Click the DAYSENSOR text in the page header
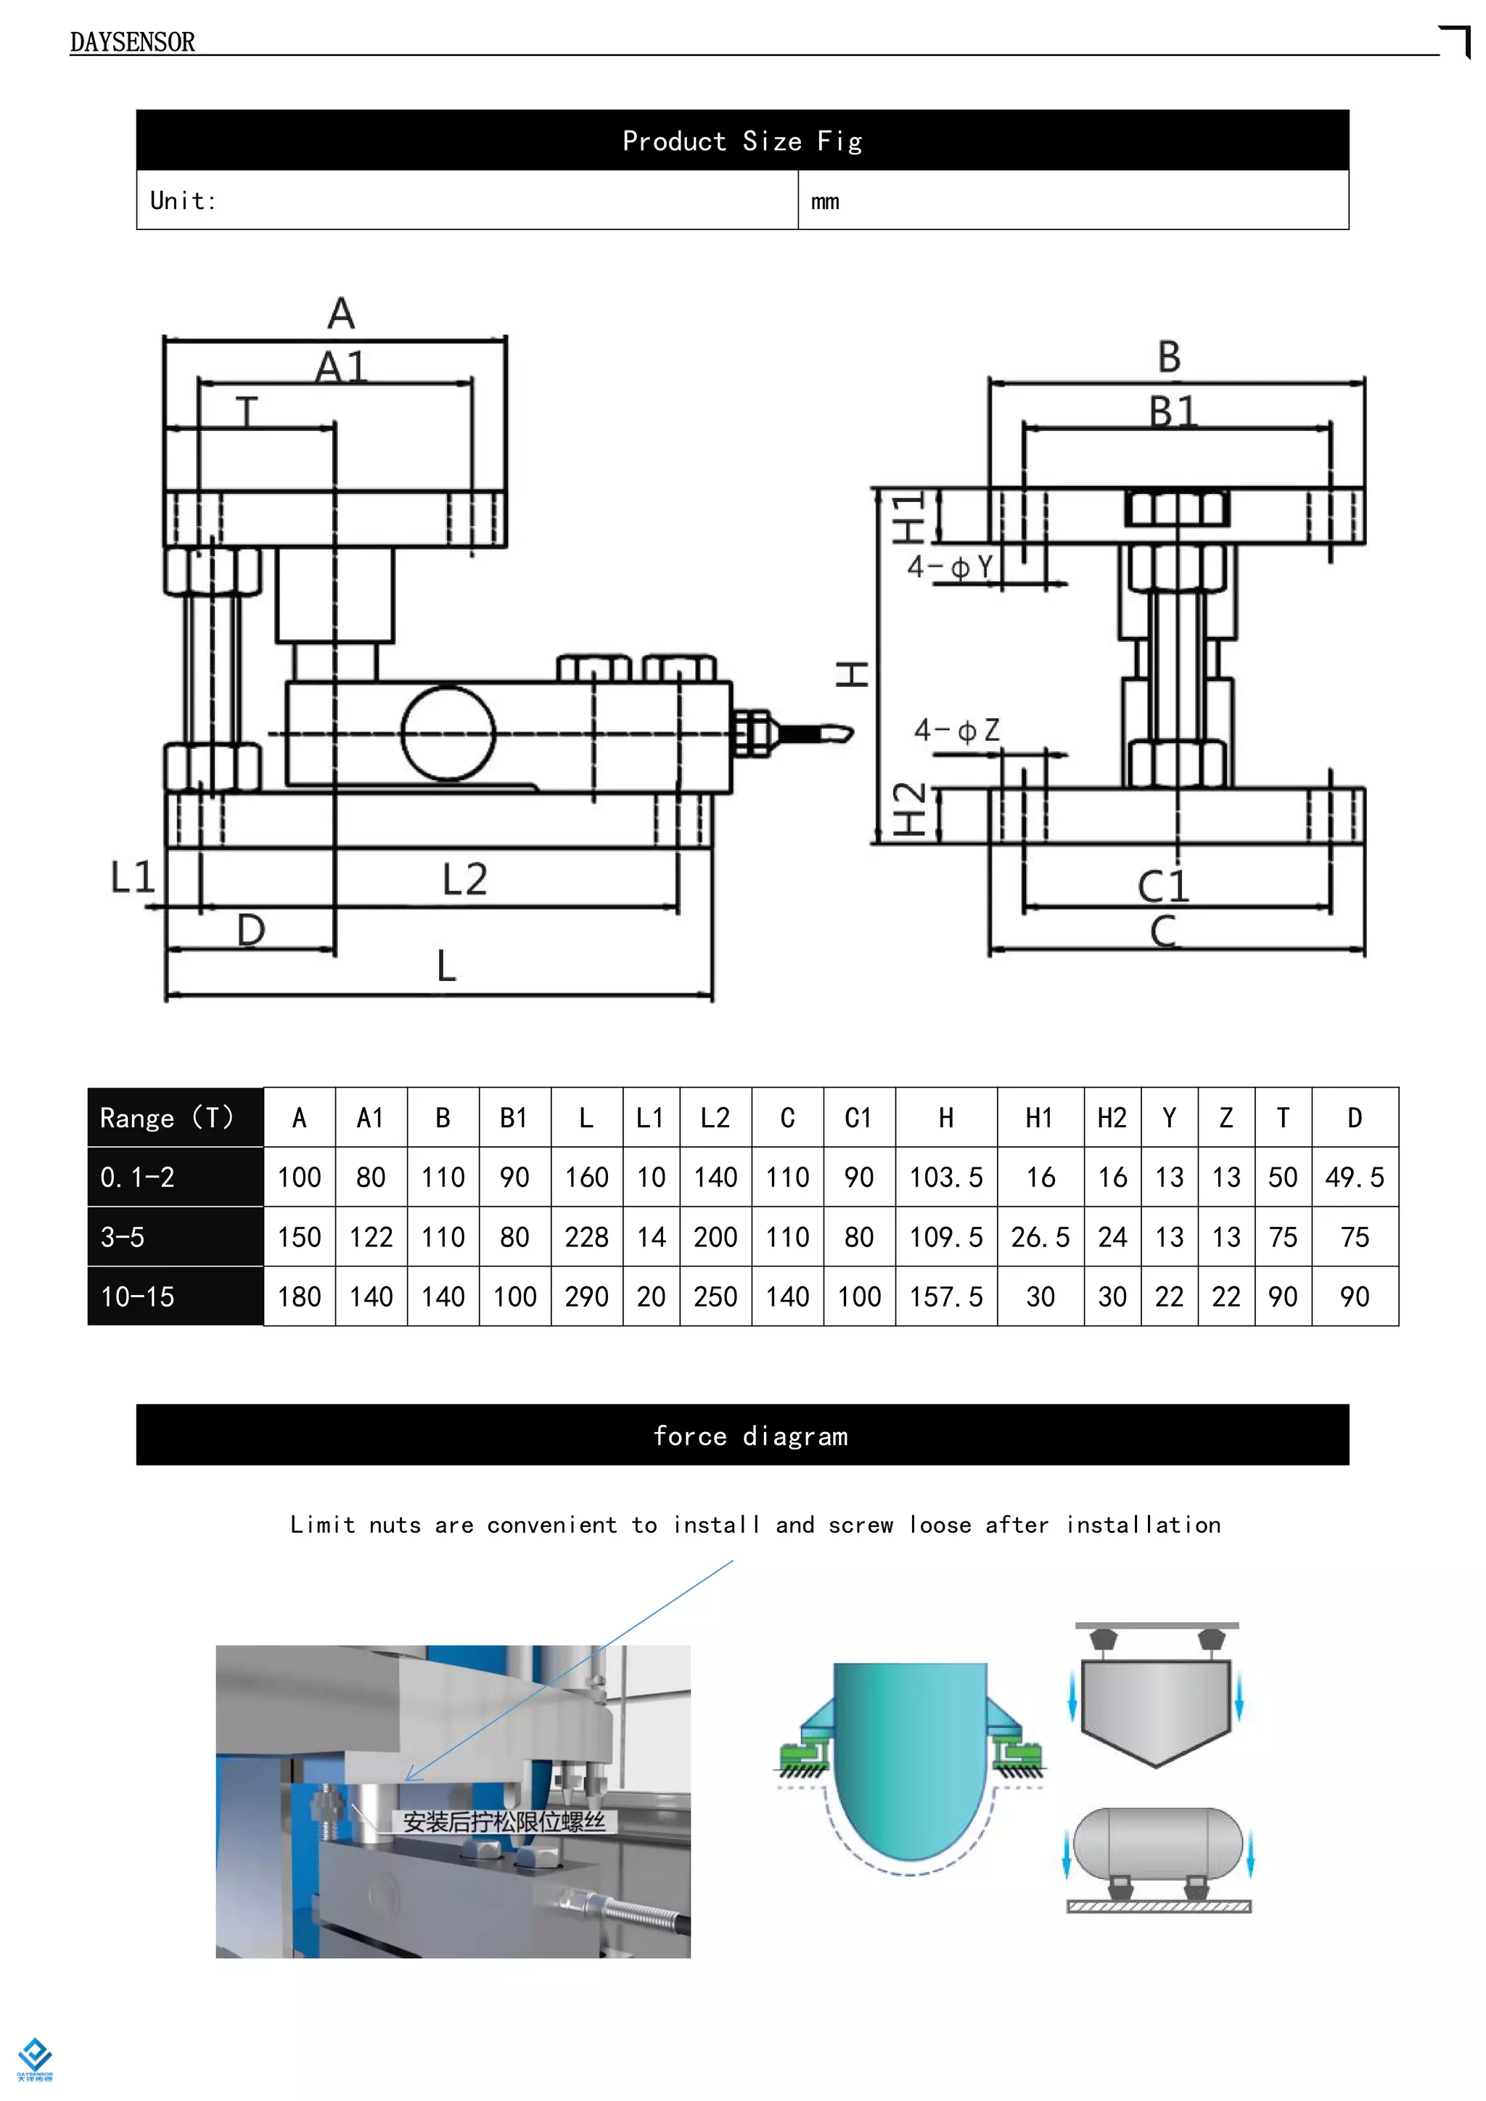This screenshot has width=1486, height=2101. pyautogui.click(x=132, y=42)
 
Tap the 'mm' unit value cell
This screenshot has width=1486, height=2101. pyautogui.click(x=824, y=201)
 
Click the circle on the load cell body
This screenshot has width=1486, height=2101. pyautogui.click(x=448, y=733)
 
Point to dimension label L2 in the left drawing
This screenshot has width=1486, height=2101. pyautogui.click(x=465, y=879)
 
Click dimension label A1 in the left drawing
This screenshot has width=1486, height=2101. pyautogui.click(x=340, y=368)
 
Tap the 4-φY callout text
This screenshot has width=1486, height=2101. pyautogui.click(x=950, y=567)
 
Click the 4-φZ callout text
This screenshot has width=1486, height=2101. pyautogui.click(x=956, y=731)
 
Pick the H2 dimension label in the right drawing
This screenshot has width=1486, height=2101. pyautogui.click(x=908, y=809)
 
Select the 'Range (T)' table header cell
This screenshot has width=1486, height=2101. pyautogui.click(x=168, y=1117)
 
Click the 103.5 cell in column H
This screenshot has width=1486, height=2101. pyautogui.click(x=945, y=1177)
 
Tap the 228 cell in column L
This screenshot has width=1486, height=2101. pyautogui.click(x=586, y=1237)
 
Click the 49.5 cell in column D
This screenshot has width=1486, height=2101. pyautogui.click(x=1354, y=1177)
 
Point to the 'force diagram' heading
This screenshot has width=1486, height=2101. pyautogui.click(x=750, y=1436)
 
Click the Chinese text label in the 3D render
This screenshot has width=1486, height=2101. pyautogui.click(x=504, y=1821)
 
